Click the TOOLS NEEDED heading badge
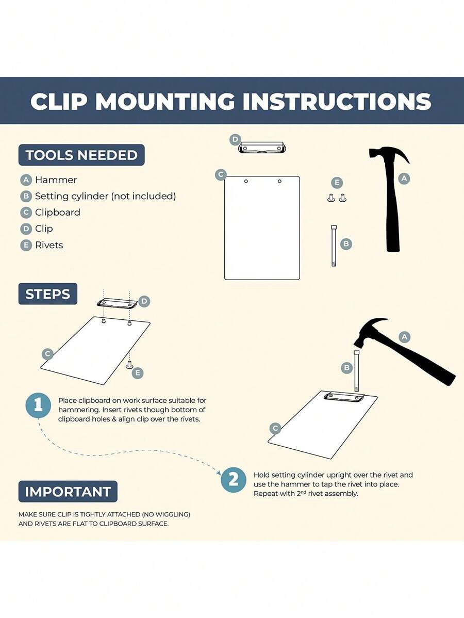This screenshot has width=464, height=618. click(x=81, y=155)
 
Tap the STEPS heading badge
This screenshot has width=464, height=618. click(x=47, y=294)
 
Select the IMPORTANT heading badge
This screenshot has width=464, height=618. click(x=68, y=492)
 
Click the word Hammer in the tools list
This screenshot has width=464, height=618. click(x=56, y=180)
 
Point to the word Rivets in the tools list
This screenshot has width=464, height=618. click(x=49, y=245)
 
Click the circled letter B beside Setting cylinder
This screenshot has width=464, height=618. click(x=26, y=196)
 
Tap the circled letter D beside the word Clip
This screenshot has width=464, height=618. click(x=26, y=229)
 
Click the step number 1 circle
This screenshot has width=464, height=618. click(x=39, y=405)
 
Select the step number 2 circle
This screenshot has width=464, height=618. click(x=234, y=480)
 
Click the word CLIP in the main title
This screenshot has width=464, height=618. click(x=59, y=102)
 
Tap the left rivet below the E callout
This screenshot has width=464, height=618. click(x=331, y=198)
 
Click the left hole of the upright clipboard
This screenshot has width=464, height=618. click(x=246, y=181)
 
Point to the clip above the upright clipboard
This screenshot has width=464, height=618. click(x=262, y=148)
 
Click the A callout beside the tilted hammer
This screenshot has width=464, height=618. click(x=404, y=337)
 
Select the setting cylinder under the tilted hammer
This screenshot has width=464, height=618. click(x=356, y=371)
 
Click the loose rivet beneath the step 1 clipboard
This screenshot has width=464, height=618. click(x=129, y=365)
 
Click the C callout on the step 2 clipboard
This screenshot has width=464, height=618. click(x=275, y=428)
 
